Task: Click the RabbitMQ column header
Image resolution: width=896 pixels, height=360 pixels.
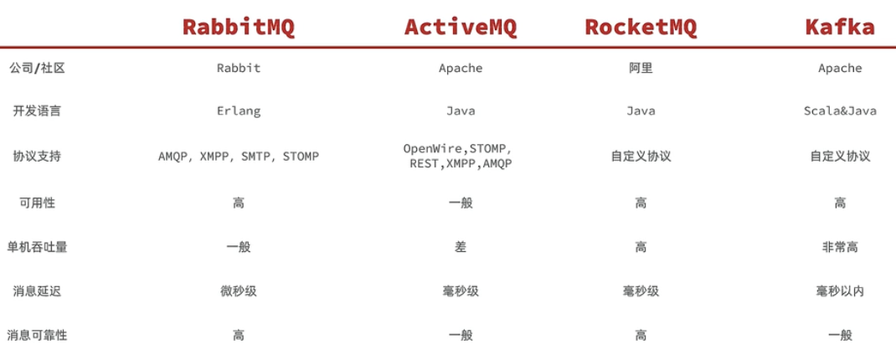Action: tap(239, 27)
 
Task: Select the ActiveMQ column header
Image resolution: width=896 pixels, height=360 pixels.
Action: tap(461, 27)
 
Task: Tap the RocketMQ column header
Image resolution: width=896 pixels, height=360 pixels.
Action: tap(641, 27)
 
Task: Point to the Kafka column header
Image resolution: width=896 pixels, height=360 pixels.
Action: tap(840, 27)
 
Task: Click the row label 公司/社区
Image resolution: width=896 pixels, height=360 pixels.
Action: tap(36, 68)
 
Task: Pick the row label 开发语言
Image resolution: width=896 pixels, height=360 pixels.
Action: tap(36, 111)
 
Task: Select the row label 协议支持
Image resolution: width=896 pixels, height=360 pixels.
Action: tap(36, 156)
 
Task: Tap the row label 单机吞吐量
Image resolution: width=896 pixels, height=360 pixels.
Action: tap(42, 247)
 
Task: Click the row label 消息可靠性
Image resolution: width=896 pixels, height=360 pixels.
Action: tap(42, 335)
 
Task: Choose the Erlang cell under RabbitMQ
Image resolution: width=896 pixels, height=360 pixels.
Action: tap(239, 111)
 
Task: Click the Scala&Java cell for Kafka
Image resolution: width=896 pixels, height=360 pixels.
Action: tap(840, 111)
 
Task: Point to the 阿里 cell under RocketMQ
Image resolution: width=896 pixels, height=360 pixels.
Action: tap(641, 68)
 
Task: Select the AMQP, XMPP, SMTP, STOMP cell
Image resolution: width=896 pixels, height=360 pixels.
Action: tap(239, 156)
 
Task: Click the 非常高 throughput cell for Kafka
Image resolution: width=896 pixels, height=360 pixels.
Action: tap(840, 247)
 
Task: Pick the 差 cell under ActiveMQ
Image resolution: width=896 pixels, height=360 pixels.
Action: tap(461, 247)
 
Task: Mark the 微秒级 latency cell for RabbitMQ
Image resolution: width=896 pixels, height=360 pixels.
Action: tap(239, 291)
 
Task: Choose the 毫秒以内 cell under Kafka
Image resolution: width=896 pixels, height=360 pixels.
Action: tap(840, 291)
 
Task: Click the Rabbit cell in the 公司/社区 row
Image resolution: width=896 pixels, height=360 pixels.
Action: tap(239, 68)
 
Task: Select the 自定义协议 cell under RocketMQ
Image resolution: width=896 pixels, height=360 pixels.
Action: tap(641, 156)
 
